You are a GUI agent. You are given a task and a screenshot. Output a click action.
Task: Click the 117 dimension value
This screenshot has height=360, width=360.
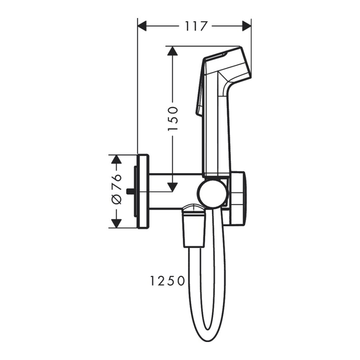pyautogui.click(x=196, y=26)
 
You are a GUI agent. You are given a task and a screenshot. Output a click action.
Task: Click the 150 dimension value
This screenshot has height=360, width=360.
pyautogui.click(x=173, y=119)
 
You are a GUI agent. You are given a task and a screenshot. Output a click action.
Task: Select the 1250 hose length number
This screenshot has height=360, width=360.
pyautogui.click(x=168, y=281)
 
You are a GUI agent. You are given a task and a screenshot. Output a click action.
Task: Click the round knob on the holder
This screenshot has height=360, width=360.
pyautogui.click(x=214, y=194)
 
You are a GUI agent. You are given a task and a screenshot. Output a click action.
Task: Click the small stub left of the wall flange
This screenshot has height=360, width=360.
pyautogui.click(x=130, y=191)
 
